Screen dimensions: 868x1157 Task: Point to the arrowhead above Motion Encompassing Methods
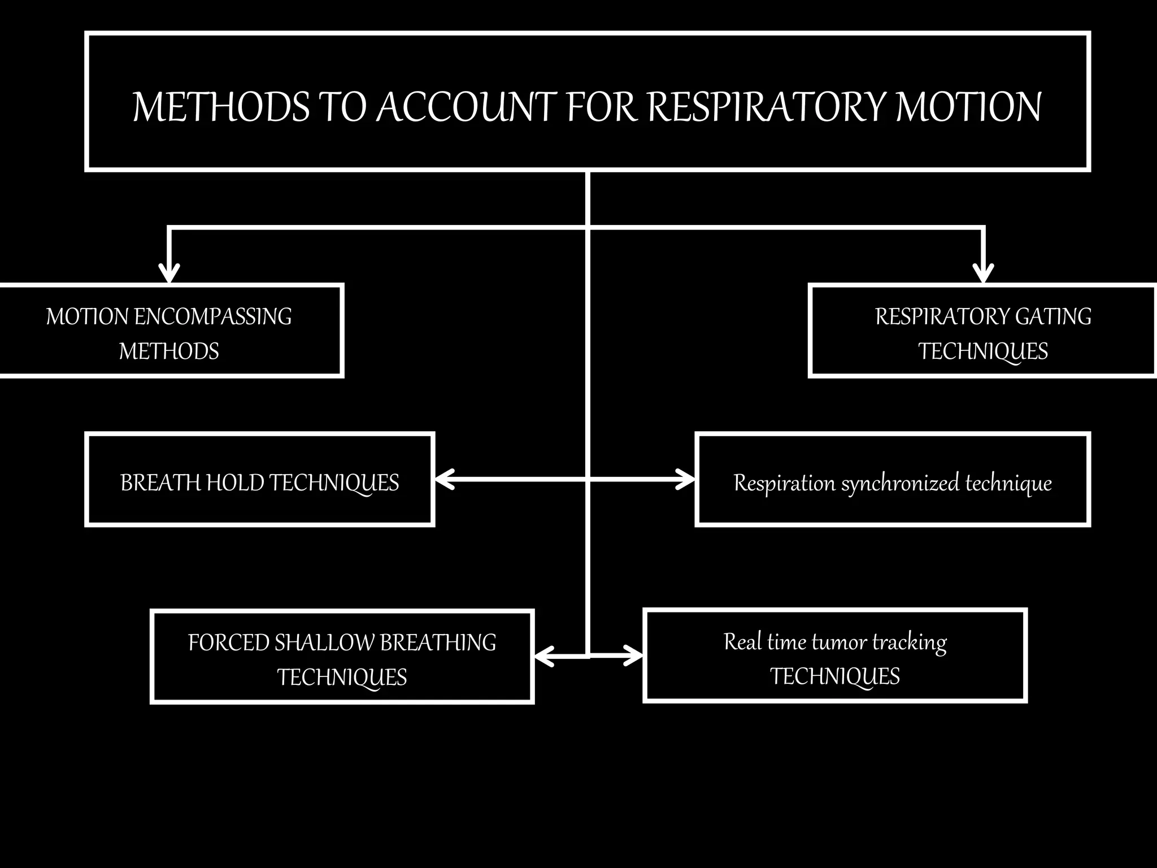click(x=169, y=274)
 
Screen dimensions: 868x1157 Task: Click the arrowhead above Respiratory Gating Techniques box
click(x=984, y=274)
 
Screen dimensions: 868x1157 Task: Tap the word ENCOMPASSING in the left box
click(x=213, y=316)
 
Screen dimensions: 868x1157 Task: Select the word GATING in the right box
click(x=1053, y=316)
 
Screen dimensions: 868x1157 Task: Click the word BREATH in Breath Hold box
click(x=160, y=483)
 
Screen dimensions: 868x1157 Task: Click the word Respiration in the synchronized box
click(x=784, y=483)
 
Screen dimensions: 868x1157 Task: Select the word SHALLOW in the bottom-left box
click(x=324, y=643)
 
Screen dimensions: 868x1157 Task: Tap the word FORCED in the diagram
click(x=228, y=643)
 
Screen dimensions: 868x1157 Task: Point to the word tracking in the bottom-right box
click(x=909, y=643)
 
